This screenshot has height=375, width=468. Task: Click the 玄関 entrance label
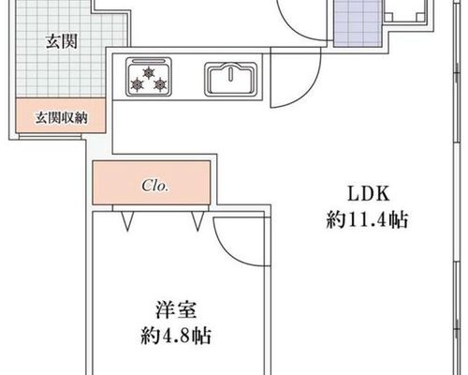[62, 42]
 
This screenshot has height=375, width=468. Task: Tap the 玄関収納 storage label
[61, 118]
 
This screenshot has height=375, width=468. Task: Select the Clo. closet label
[155, 186]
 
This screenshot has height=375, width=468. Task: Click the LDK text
[369, 194]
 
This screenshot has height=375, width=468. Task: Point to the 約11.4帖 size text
[368, 220]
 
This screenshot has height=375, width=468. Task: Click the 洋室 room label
[176, 309]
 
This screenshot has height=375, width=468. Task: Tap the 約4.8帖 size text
[176, 336]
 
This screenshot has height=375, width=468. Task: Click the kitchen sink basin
[231, 80]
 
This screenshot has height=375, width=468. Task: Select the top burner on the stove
[148, 73]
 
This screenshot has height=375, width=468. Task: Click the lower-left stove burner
[138, 84]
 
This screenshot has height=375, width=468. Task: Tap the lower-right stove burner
[160, 84]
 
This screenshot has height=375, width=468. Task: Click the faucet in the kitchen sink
[231, 73]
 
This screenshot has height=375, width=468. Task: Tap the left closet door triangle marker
[127, 221]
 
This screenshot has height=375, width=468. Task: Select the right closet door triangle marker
[197, 221]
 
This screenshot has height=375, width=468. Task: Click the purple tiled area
[358, 23]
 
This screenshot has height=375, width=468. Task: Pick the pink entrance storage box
[60, 115]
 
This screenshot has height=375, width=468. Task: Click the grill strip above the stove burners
[148, 61]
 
